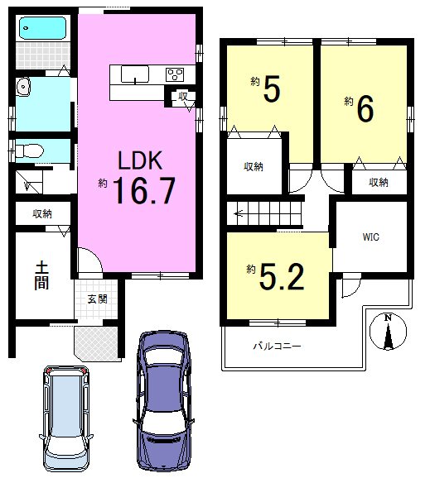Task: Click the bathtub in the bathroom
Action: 42,28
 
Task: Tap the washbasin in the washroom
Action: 23,87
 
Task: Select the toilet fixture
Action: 30,151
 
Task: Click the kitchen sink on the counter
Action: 135,74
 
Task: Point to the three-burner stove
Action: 175,74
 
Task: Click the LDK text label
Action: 140,160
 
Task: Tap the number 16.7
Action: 145,191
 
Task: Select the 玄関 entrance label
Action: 98,299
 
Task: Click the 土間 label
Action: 41,276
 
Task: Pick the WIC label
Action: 370,237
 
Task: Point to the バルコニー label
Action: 277,347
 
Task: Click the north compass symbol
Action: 389,331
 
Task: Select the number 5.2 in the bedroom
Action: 282,277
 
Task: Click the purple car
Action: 163,401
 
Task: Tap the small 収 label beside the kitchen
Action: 183,97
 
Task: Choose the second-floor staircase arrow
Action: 239,214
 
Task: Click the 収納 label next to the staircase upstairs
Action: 254,167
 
